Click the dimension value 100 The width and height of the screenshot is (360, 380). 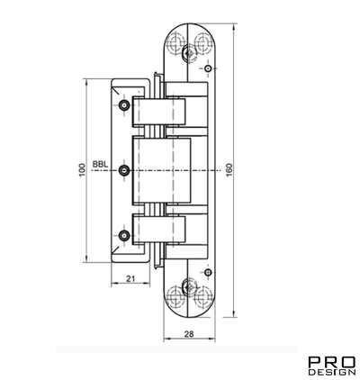(81, 170)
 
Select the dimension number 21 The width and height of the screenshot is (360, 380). (130, 278)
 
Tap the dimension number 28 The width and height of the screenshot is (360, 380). (189, 334)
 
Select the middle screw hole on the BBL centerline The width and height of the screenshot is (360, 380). (125, 170)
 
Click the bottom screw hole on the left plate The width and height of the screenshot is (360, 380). (125, 236)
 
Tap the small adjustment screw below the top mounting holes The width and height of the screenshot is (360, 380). (208, 68)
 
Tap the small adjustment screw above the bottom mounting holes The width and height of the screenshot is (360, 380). (208, 271)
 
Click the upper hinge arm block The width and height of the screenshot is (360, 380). (159, 111)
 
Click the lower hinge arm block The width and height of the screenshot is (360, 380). (159, 230)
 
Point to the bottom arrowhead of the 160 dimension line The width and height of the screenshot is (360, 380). (230, 316)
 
